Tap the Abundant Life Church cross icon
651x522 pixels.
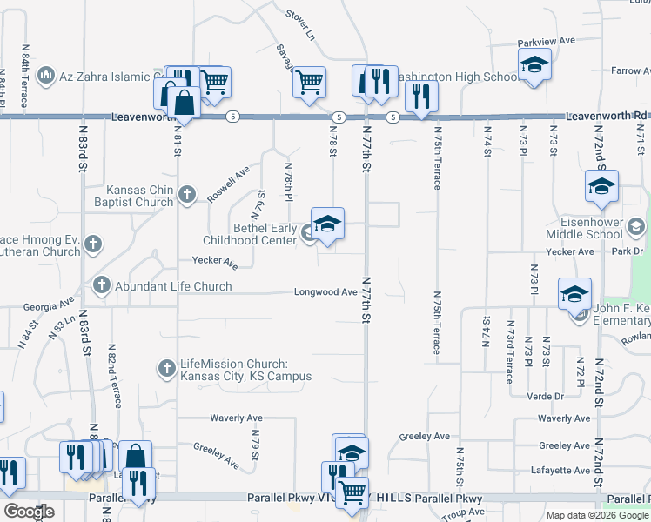[102, 284]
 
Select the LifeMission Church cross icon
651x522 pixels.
[167, 369]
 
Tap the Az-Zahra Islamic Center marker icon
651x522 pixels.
[47, 76]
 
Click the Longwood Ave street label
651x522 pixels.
[325, 292]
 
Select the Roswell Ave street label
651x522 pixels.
[228, 184]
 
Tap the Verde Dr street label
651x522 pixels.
[546, 396]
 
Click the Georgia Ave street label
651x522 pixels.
[49, 305]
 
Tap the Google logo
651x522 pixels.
[29, 512]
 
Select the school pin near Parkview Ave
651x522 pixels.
[534, 65]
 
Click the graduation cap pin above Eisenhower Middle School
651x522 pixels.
[601, 187]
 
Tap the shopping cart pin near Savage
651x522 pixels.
[309, 84]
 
